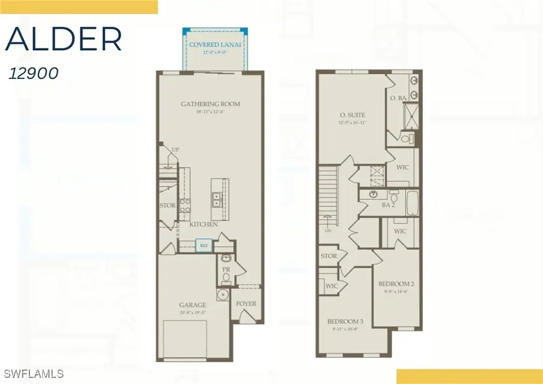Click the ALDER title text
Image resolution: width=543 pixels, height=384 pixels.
64,40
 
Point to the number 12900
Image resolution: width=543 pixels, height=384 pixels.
34,74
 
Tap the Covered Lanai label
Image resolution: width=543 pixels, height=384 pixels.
211,45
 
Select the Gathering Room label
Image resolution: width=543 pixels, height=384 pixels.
211,104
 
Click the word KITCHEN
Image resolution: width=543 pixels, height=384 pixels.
203,224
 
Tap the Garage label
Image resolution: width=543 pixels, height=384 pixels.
192,305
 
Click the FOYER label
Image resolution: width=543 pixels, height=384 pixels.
246,304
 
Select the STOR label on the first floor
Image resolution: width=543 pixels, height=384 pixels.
167,205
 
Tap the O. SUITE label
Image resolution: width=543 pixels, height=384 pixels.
353,115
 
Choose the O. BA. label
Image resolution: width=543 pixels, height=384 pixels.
399,98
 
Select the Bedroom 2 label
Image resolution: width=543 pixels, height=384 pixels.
395,284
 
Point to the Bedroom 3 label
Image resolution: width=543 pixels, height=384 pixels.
345,321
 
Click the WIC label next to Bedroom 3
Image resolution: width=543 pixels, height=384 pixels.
331,286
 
